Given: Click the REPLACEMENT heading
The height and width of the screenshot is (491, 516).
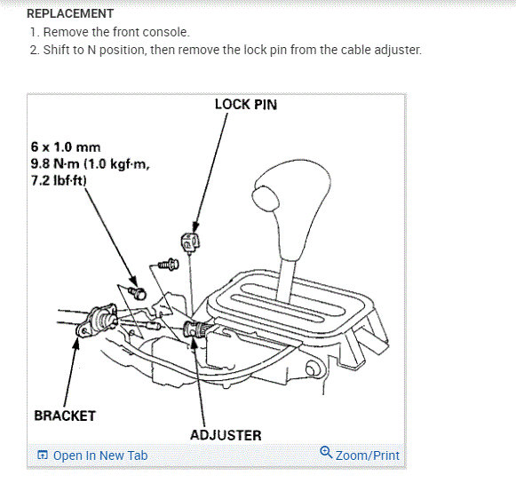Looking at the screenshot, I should click(x=70, y=13).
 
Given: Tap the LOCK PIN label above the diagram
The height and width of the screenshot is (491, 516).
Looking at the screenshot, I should click(x=246, y=105).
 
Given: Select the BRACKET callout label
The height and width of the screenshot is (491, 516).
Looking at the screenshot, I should click(x=65, y=415).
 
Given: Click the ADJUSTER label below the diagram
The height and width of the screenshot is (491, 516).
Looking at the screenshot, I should click(x=226, y=435).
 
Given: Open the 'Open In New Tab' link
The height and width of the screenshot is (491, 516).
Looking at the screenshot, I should click(x=100, y=455).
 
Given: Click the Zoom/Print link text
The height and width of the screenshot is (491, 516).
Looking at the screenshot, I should click(x=368, y=455).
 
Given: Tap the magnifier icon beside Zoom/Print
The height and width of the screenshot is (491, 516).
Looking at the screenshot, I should click(x=326, y=455).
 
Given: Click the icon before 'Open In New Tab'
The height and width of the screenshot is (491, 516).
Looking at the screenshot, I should click(x=42, y=455).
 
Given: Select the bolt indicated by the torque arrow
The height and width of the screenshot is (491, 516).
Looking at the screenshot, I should click(x=138, y=291).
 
